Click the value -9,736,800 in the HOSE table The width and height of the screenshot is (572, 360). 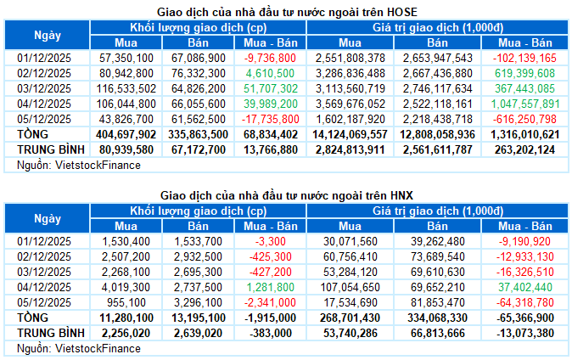pos(270,58)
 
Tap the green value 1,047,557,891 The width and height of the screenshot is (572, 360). pos(523,104)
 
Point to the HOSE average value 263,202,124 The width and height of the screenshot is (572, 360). pos(523,149)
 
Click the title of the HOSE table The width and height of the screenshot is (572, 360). pos(287,11)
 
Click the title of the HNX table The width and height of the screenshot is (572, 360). pos(287,195)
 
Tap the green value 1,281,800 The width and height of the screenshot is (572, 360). pos(270,288)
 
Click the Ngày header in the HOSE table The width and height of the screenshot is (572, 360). pos(48,35)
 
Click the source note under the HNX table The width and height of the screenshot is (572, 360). pos(74,349)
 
